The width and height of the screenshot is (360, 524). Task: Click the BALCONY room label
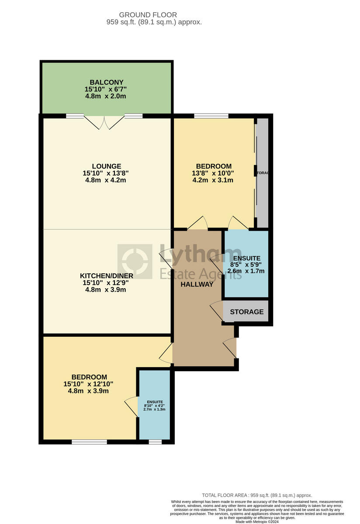click(x=107, y=82)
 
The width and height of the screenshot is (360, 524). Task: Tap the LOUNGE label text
click(x=107, y=166)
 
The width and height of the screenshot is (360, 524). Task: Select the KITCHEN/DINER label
click(x=107, y=276)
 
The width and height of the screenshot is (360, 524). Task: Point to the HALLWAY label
click(x=197, y=284)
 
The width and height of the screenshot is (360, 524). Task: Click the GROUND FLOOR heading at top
click(x=148, y=15)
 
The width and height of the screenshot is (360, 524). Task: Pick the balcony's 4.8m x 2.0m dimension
click(x=106, y=96)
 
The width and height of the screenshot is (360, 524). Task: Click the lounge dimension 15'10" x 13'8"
click(x=106, y=173)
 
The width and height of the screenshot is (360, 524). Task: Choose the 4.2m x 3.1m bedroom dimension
click(x=213, y=180)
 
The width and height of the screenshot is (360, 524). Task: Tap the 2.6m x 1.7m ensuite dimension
click(x=246, y=271)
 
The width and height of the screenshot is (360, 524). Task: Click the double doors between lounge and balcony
click(x=104, y=122)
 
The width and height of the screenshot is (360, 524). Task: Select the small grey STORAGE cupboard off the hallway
click(x=246, y=312)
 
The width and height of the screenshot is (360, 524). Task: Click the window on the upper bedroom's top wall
click(x=211, y=116)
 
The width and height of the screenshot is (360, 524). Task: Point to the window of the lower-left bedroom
click(x=89, y=442)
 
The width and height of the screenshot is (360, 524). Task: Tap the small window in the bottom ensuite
click(x=155, y=442)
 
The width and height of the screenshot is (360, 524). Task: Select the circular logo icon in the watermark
click(x=135, y=262)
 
